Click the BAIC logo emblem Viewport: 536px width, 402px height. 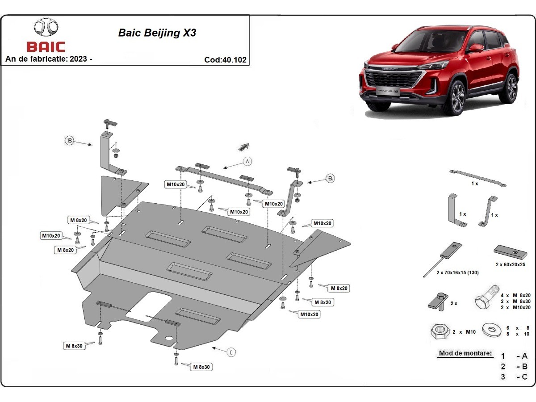pos(46,28)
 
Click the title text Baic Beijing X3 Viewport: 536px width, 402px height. pos(157,33)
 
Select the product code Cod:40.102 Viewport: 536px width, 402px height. pos(225,60)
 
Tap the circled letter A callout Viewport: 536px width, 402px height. pos(248,161)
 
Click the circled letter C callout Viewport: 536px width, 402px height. pos(231,352)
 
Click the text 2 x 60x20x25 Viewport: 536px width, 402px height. pos(510,264)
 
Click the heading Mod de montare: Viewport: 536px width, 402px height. pos(465,353)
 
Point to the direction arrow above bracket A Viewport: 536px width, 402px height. pos(243,147)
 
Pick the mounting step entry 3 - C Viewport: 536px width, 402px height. pos(514,377)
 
